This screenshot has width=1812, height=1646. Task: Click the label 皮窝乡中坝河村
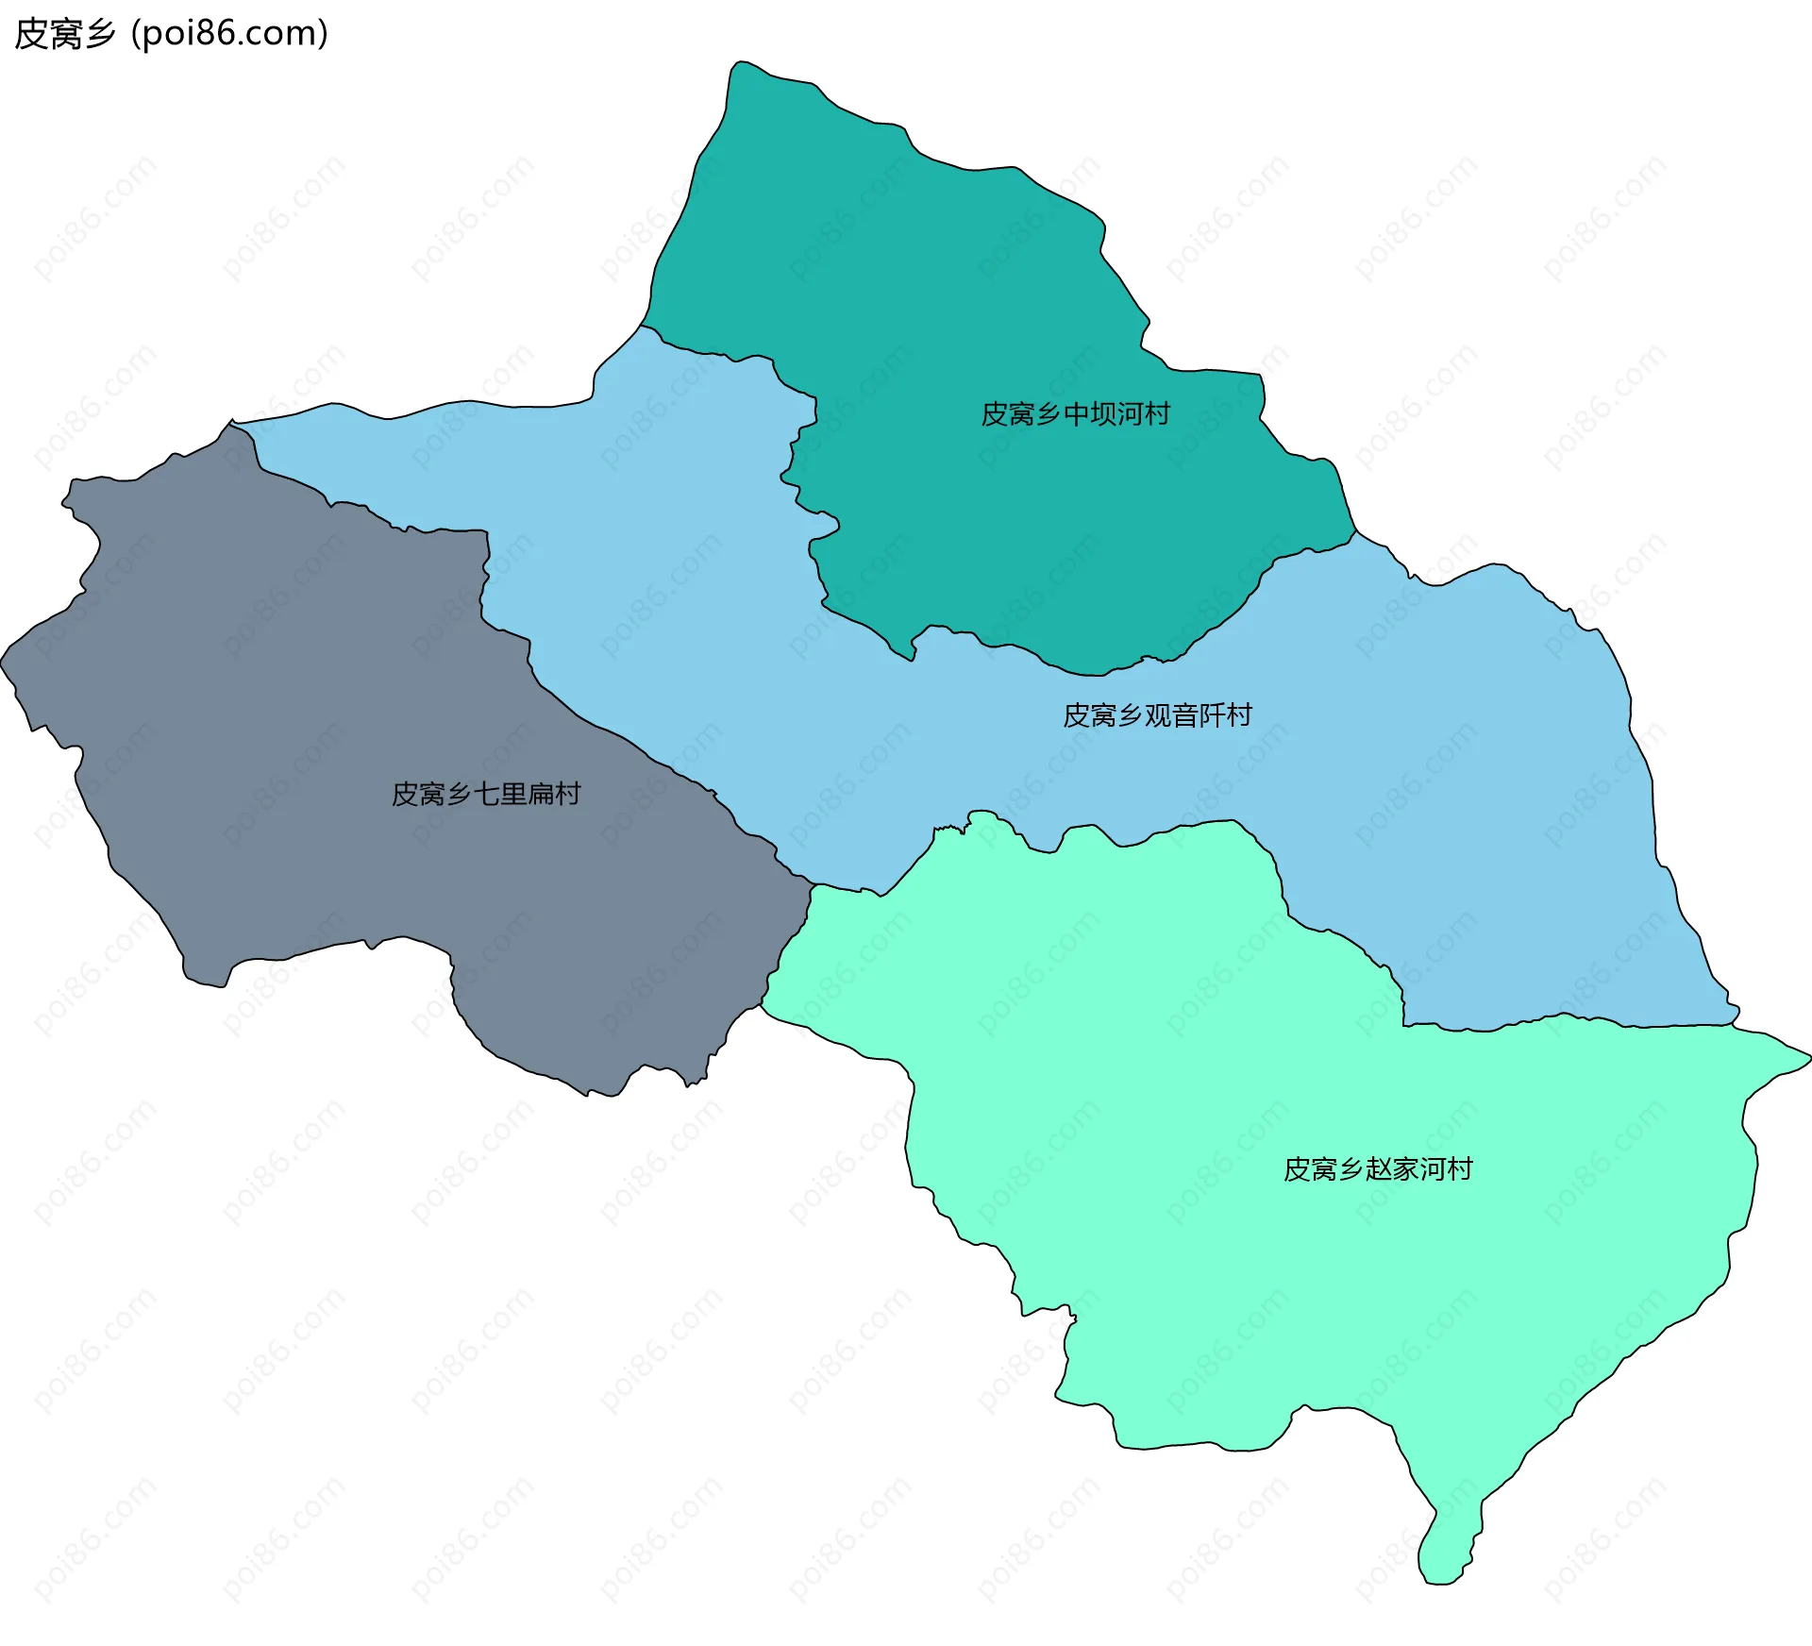1075,414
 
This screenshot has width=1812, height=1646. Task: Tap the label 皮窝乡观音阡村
1157,715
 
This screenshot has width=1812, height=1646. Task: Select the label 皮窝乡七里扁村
486,794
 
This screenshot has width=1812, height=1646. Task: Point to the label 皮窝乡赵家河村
1378,1169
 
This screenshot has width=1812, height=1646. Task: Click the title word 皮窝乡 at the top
64,34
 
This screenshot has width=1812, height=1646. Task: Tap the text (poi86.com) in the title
230,34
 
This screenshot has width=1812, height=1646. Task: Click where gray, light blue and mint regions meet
812,885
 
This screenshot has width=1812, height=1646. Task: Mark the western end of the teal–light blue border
643,327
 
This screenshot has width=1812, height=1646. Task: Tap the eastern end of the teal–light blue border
1356,531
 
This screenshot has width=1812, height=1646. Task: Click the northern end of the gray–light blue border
232,424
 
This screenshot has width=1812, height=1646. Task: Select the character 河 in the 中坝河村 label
1129,414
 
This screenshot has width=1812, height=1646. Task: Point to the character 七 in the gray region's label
486,794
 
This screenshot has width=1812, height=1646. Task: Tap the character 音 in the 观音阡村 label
1184,715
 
